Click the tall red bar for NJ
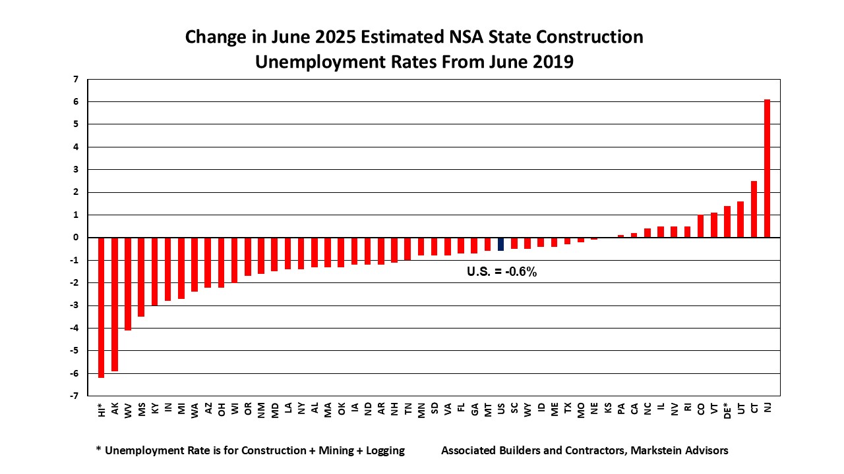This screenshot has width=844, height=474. pos(767,169)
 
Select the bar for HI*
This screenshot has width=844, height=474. pos(101,307)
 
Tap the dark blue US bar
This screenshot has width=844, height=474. pos(500,244)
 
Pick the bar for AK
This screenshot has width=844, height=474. pos(115,304)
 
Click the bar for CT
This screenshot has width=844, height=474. pos(754,209)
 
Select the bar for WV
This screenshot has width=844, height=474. pos(128,284)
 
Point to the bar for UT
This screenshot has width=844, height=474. pos(740,219)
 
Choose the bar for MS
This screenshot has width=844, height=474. pos(141,277)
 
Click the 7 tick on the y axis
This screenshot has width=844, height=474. pos(76,79)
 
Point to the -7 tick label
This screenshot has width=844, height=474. pos(75,396)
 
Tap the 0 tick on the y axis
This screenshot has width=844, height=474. pos(76,238)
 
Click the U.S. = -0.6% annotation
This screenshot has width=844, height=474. pos(502,271)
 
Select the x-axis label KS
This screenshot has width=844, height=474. pos(608,408)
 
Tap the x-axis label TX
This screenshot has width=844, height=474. pos(568,408)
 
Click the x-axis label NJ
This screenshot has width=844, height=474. pos(768,408)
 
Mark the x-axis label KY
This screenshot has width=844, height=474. pos(155,408)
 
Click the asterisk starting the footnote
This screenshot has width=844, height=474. pos(99,451)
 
